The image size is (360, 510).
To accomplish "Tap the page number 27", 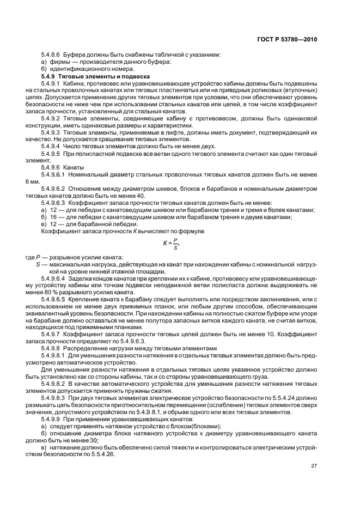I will click(x=314, y=465).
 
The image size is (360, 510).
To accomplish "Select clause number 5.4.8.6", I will click(x=51, y=55).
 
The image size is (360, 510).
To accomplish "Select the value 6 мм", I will click(x=34, y=182).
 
